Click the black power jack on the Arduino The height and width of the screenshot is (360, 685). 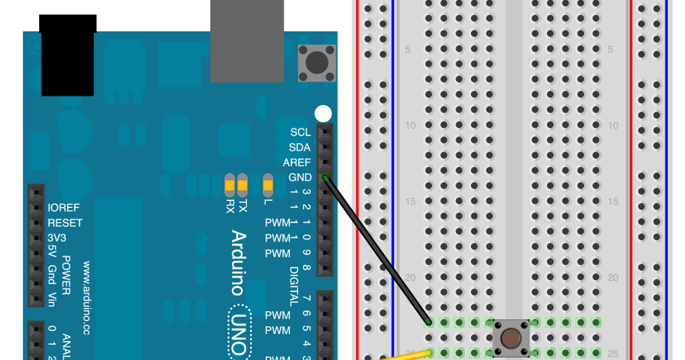point(68,55)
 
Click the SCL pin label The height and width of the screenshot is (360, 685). point(299,132)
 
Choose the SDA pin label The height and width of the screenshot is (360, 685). point(299,147)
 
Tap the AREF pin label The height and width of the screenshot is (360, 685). point(297,162)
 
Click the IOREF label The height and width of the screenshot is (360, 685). point(65,208)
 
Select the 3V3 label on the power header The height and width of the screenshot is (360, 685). point(57,238)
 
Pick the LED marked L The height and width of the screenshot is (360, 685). point(268,186)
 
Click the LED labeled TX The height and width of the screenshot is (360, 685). point(242,186)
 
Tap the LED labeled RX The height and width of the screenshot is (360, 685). point(230,186)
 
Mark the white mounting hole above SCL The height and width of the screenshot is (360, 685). point(323,113)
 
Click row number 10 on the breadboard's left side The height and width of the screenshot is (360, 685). point(411,125)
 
